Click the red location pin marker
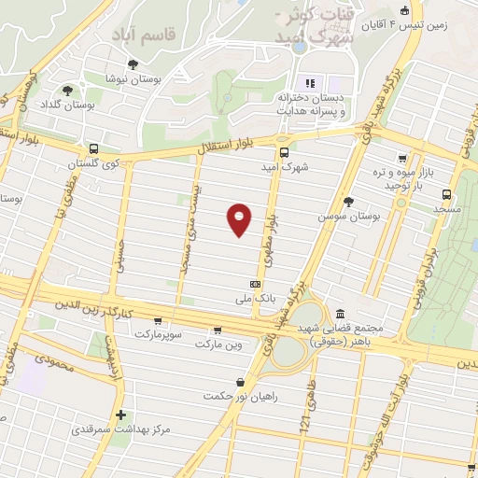240,218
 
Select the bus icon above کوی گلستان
93,148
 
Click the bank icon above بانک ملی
255,285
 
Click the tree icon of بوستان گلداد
67,91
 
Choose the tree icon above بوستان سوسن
349,200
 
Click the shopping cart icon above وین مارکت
218,330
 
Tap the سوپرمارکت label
162,333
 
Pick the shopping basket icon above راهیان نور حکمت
241,381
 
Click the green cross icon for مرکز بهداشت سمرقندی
119,415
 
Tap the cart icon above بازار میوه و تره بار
402,158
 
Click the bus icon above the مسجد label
447,194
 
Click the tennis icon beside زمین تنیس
405,11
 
